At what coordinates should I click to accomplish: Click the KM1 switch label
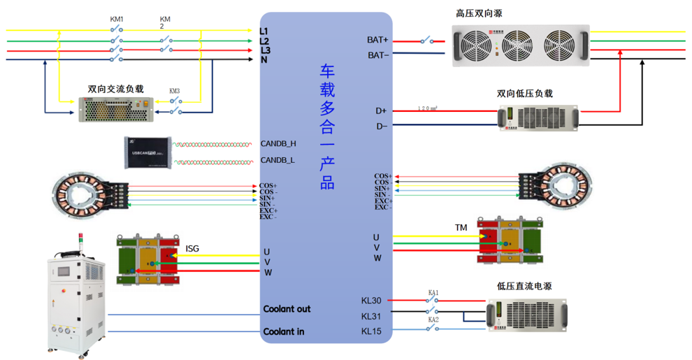[x=117, y=19]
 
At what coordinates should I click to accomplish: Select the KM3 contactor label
[x=175, y=91]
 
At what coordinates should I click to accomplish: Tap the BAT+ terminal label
[x=377, y=41]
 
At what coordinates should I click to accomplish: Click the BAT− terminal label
[x=378, y=55]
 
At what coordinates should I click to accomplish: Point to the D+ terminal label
[x=381, y=110]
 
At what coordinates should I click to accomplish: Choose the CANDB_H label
[x=278, y=144]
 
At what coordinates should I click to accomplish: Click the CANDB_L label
[x=277, y=160]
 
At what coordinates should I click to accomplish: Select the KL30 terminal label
[x=371, y=301]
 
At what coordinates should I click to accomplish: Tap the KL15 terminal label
[x=371, y=331]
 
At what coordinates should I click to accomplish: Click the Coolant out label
[x=287, y=309]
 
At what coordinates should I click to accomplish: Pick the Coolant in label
[x=284, y=331]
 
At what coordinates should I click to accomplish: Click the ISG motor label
[x=192, y=248]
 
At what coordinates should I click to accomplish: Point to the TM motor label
[x=461, y=228]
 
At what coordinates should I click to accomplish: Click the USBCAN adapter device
[x=147, y=152]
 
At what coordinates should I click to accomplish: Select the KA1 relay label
[x=433, y=292]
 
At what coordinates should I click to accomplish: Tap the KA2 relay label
[x=433, y=319]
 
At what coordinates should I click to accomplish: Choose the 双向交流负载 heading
[x=115, y=89]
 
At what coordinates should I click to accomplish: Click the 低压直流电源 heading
[x=524, y=286]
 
